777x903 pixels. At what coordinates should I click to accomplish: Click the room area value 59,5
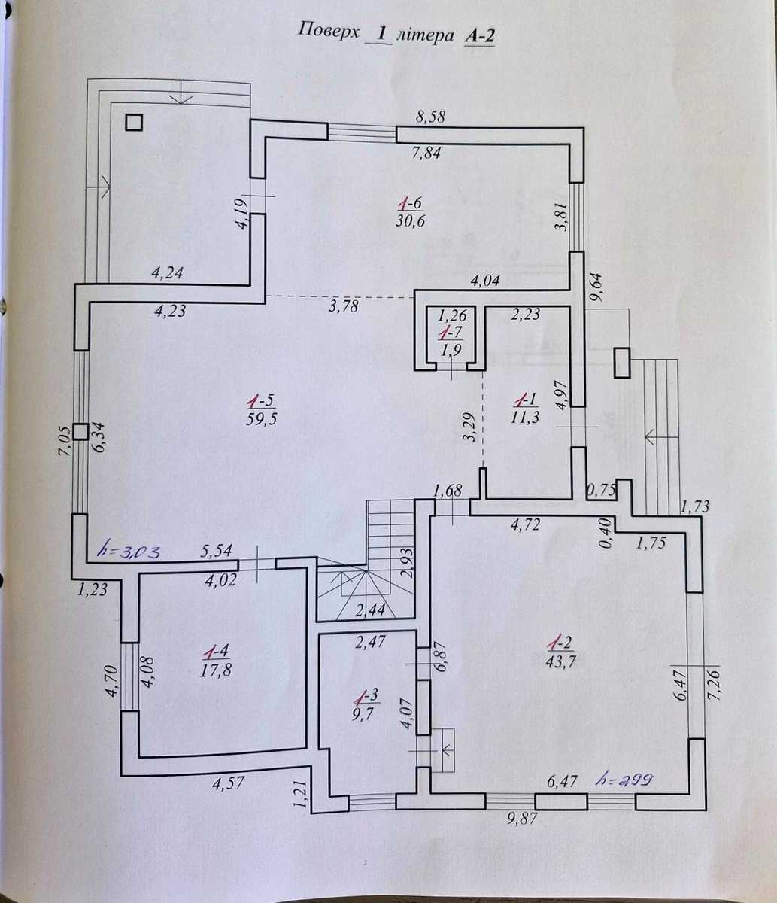click(x=262, y=418)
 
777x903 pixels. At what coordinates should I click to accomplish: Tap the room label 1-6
click(x=411, y=204)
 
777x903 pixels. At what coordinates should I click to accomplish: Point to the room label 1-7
click(x=451, y=333)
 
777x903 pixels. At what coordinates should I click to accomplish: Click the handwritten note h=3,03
click(x=130, y=552)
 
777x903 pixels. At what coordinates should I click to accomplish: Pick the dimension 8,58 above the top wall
click(x=430, y=117)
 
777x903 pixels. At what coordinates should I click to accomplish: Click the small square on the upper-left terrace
click(x=134, y=123)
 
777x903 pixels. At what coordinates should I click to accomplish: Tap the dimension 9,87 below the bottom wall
click(x=522, y=818)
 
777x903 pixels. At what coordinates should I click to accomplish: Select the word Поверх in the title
click(x=329, y=32)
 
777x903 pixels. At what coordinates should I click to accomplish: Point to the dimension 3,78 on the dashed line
click(x=343, y=306)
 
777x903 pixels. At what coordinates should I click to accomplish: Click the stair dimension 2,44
click(x=370, y=610)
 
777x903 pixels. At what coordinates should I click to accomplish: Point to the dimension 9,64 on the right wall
click(x=595, y=287)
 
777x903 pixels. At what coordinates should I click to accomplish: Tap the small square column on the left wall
click(x=80, y=432)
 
